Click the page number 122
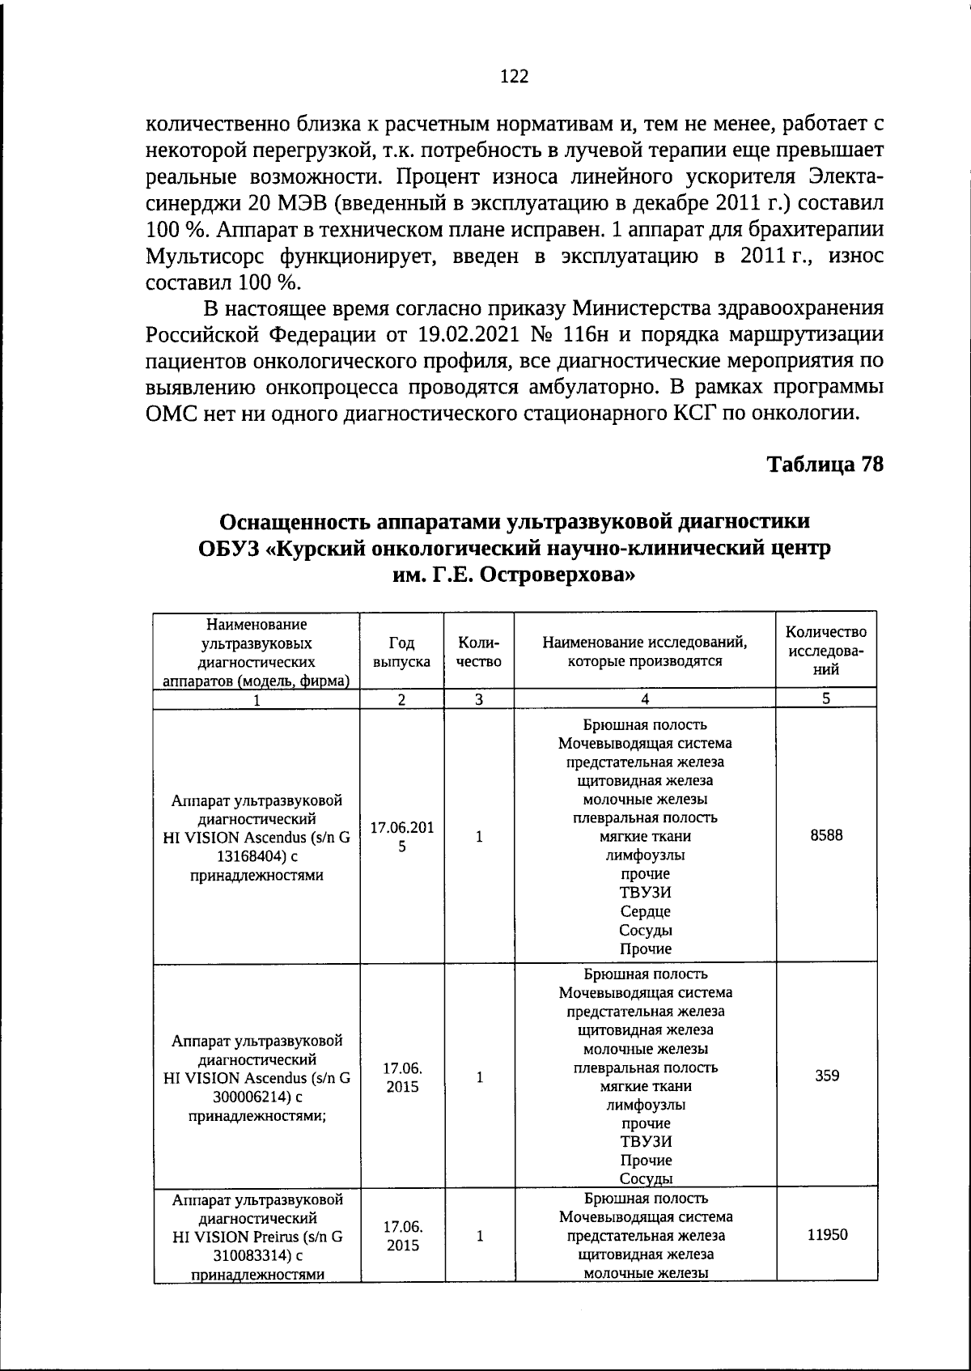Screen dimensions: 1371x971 click(x=515, y=77)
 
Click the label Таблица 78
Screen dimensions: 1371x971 click(x=825, y=465)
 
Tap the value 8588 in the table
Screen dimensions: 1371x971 click(x=826, y=835)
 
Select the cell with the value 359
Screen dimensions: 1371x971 click(x=826, y=1076)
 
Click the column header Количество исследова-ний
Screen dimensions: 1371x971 click(x=826, y=651)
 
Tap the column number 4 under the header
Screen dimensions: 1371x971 click(x=645, y=700)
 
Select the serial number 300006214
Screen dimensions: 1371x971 click(x=243, y=1097)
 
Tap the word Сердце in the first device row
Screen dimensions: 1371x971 click(x=645, y=911)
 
